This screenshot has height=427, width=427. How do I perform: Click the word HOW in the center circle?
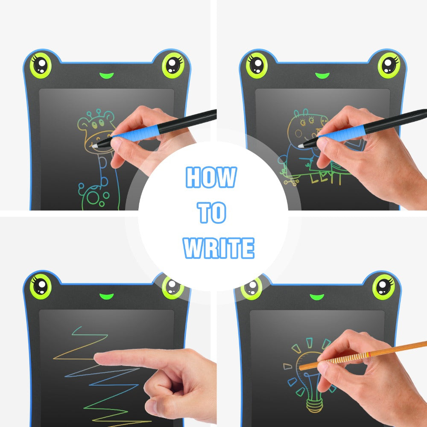pyautogui.click(x=211, y=177)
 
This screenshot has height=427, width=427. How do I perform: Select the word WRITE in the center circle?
pyautogui.click(x=219, y=248)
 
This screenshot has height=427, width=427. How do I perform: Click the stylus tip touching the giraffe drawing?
pyautogui.click(x=94, y=146)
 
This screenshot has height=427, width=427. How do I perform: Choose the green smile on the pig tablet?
pyautogui.click(x=322, y=76)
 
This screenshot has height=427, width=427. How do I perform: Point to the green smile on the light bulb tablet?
pyautogui.click(x=316, y=296)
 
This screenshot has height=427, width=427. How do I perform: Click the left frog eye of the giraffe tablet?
pyautogui.click(x=41, y=65)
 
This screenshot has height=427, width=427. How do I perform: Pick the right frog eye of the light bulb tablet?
pyautogui.click(x=383, y=286)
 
